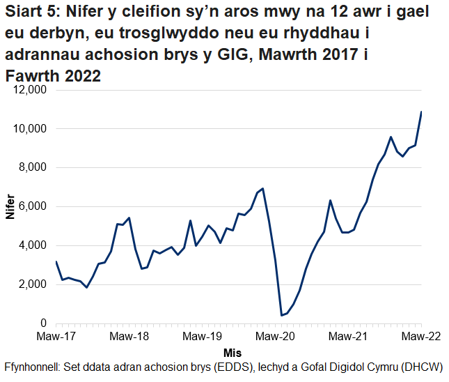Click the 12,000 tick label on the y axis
pyautogui.click(x=28, y=90)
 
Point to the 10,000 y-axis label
pyautogui.click(x=28, y=129)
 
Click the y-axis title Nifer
pyautogui.click(x=10, y=206)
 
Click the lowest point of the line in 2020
pyautogui.click(x=282, y=315)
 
